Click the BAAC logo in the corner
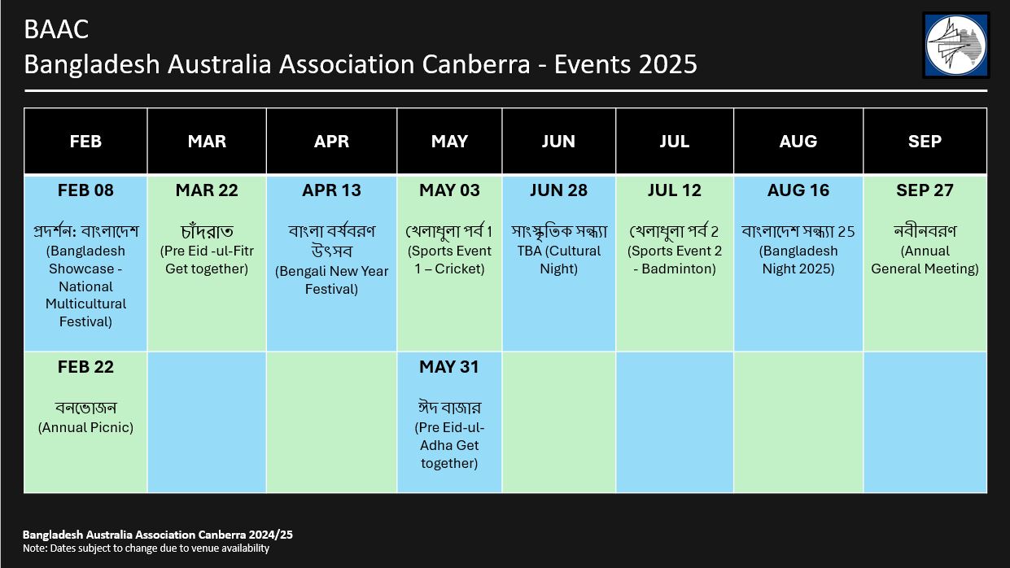pos(956,46)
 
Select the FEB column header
pos(85,142)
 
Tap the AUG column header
pos(798,142)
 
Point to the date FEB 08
pos(85,190)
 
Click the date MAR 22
pos(207,190)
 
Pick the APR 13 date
pos(331,190)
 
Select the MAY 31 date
pos(449,367)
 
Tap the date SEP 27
pos(925,190)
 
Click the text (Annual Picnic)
pos(85,427)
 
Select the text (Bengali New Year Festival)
pos(331,280)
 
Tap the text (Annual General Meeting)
pos(925,260)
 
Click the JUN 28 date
pos(558,190)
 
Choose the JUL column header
pos(675,142)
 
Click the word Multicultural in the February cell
pos(85,304)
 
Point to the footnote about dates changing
pos(146,548)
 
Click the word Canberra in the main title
pos(476,64)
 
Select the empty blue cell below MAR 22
pos(207,422)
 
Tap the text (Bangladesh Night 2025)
pos(798,260)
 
